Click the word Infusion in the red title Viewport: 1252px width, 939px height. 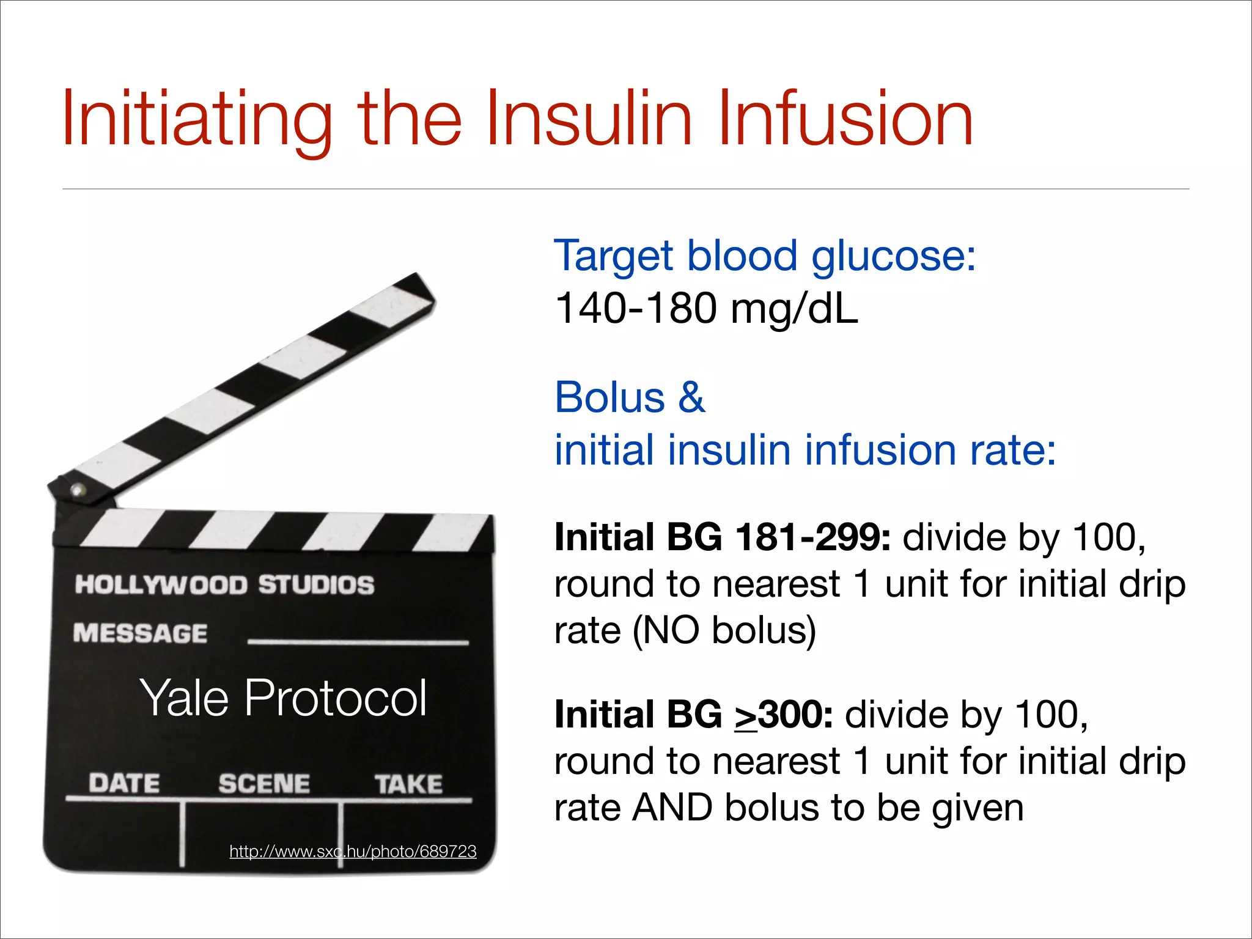click(845, 119)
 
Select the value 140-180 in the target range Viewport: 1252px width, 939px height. click(636, 308)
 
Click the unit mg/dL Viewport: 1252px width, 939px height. click(795, 309)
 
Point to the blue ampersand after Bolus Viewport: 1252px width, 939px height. click(691, 397)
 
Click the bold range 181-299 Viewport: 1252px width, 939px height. click(813, 538)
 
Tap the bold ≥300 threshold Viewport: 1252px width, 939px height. click(784, 715)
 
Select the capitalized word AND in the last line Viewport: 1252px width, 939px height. click(672, 808)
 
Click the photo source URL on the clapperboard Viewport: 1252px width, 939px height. click(353, 851)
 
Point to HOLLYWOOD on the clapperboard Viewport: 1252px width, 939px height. click(161, 584)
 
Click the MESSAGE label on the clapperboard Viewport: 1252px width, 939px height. click(141, 633)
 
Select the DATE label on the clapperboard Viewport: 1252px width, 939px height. click(124, 783)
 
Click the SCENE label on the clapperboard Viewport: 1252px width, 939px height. click(264, 784)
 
